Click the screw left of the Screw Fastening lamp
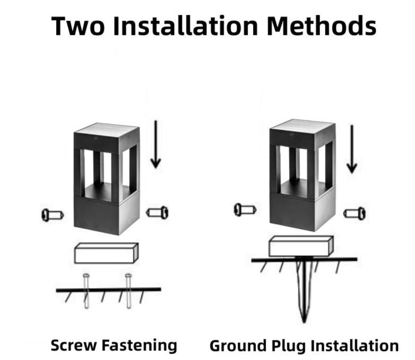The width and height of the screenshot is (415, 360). [52, 215]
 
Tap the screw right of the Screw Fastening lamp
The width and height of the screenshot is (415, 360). [158, 213]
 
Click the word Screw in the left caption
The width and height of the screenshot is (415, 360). [73, 345]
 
